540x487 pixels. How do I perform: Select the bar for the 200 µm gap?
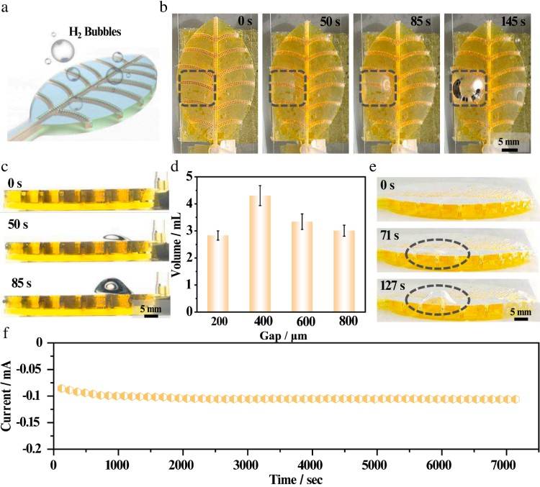coord(217,273)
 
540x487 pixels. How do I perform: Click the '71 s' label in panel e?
coord(395,233)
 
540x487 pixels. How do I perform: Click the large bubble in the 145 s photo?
coord(473,88)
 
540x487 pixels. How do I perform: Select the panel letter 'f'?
coord(7,334)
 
